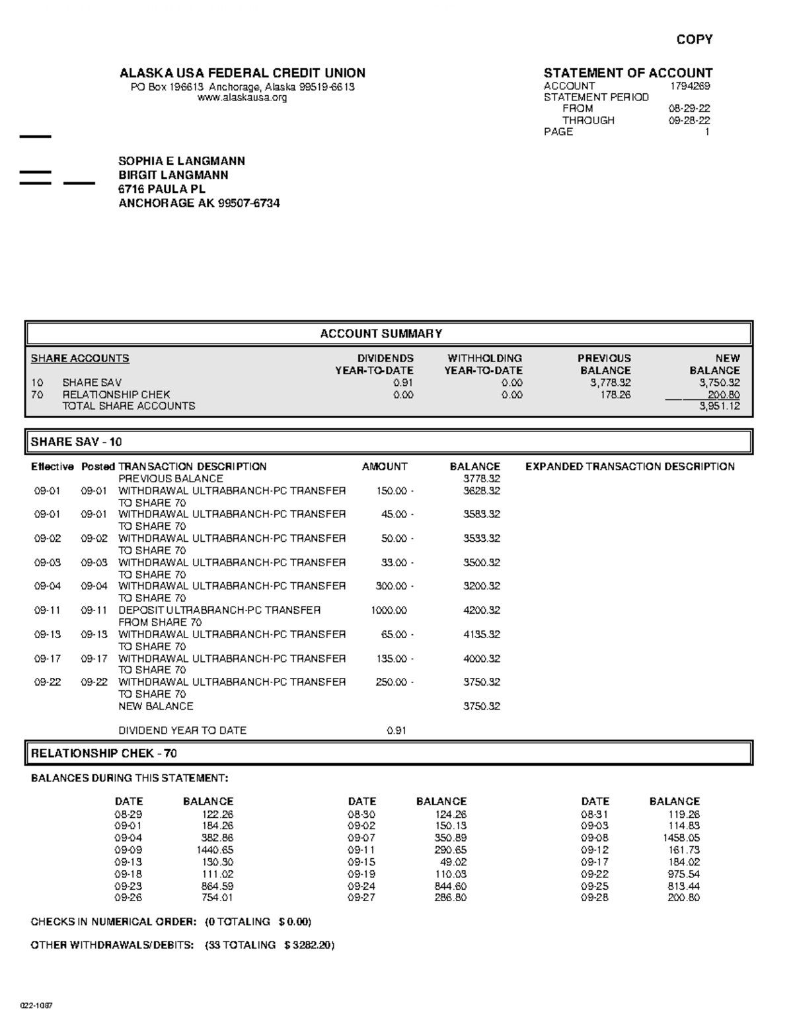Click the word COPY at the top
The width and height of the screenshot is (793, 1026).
694,40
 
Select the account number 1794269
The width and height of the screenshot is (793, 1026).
690,86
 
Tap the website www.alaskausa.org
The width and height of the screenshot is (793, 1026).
243,98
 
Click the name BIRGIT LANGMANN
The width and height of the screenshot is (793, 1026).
173,175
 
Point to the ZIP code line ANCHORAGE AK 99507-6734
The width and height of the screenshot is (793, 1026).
199,203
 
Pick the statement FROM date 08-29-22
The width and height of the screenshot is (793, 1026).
689,108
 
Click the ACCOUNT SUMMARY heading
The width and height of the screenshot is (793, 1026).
381,334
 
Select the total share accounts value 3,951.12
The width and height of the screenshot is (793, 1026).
720,406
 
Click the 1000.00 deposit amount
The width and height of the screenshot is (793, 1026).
389,610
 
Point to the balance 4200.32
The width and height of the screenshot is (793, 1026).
481,610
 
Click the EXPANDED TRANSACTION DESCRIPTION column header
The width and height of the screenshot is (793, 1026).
630,466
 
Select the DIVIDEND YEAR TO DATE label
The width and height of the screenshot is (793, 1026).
182,731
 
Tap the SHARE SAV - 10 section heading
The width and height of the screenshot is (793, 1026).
77,442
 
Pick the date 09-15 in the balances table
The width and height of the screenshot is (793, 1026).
361,862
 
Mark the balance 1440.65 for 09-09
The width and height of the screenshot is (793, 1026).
215,850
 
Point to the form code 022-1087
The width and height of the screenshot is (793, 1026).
36,1006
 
